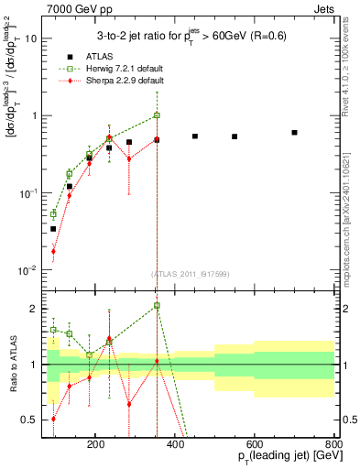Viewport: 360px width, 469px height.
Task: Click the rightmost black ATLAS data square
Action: [x=294, y=133]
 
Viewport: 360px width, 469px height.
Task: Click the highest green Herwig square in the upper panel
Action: [x=157, y=115]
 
